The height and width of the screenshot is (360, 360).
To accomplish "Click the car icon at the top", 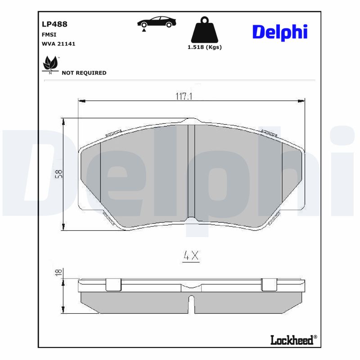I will tap(157, 23).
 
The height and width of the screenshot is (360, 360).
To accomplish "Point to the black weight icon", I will tap(205, 30).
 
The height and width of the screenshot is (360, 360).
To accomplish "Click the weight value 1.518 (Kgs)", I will tap(205, 47).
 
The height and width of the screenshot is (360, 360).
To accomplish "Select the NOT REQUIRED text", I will tap(84, 73).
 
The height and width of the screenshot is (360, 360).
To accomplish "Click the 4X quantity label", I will tap(191, 256).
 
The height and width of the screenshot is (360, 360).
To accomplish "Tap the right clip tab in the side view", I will tap(269, 285).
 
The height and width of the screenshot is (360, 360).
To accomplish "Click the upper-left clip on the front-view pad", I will tap(113, 133).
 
